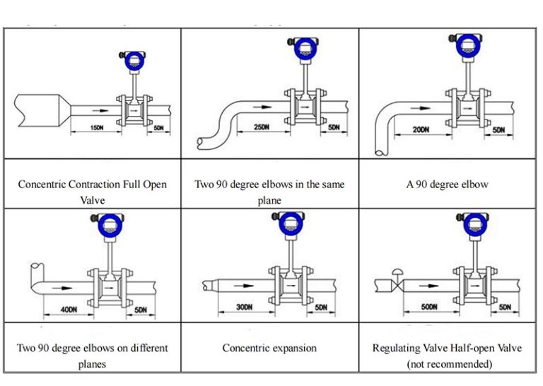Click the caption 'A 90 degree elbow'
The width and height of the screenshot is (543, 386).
447,185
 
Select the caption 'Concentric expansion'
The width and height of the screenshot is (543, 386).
269,348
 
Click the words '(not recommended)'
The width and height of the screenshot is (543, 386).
447,364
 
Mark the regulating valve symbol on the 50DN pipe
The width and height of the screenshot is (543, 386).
398,284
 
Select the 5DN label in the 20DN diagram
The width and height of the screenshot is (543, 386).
498,130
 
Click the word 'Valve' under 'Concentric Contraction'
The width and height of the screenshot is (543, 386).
92,200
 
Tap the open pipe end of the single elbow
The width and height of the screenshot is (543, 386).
380,150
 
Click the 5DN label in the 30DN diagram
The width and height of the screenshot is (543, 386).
322,307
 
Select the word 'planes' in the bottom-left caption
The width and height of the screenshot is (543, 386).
92,364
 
